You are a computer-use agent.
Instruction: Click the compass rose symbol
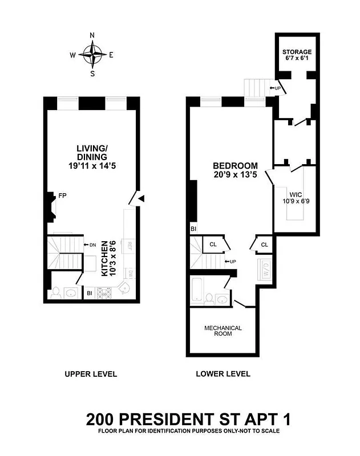92,55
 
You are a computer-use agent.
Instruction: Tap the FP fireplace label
62,196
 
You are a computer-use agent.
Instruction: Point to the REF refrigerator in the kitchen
130,246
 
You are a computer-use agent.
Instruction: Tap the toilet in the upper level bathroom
56,293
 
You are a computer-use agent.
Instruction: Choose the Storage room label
297,56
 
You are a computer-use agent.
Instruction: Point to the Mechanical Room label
223,331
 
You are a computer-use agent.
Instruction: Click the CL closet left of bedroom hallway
213,244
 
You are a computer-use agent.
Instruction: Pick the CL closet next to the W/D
264,244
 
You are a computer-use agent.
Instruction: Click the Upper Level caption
91,374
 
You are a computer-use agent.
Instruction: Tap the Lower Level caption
223,374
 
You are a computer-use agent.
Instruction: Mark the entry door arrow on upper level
142,198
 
